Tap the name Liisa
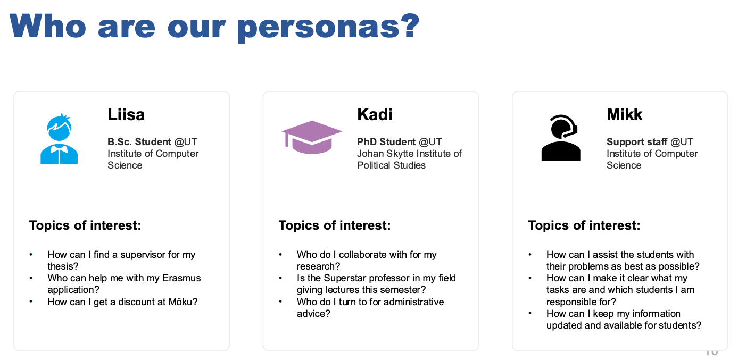[x=126, y=115]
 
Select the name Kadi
[x=375, y=115]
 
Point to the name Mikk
[x=624, y=115]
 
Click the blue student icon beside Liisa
[x=59, y=139]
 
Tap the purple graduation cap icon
[x=312, y=137]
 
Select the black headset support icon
[x=561, y=138]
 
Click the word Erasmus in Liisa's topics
[x=181, y=278]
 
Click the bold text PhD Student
[x=386, y=142]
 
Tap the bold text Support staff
[x=637, y=142]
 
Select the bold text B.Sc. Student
[x=139, y=142]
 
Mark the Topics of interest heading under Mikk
[x=584, y=225]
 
